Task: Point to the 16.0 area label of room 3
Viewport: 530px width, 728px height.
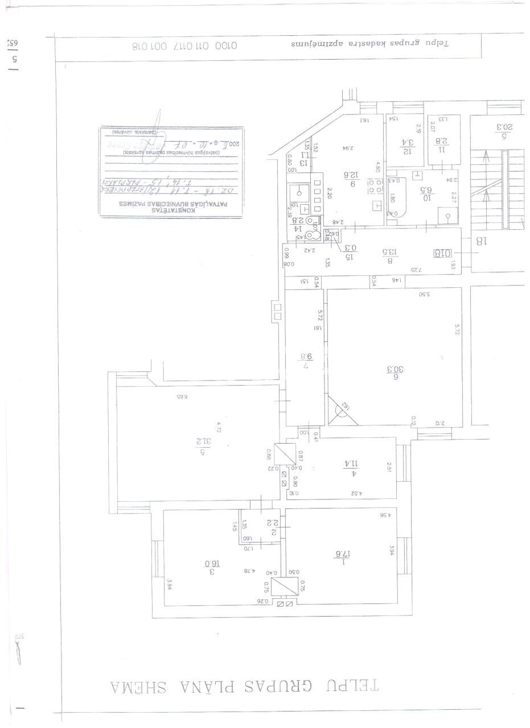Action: [212, 565]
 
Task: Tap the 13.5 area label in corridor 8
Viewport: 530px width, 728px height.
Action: [391, 254]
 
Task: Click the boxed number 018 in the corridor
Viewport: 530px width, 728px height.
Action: [442, 253]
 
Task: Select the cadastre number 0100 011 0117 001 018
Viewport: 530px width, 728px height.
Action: [184, 46]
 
